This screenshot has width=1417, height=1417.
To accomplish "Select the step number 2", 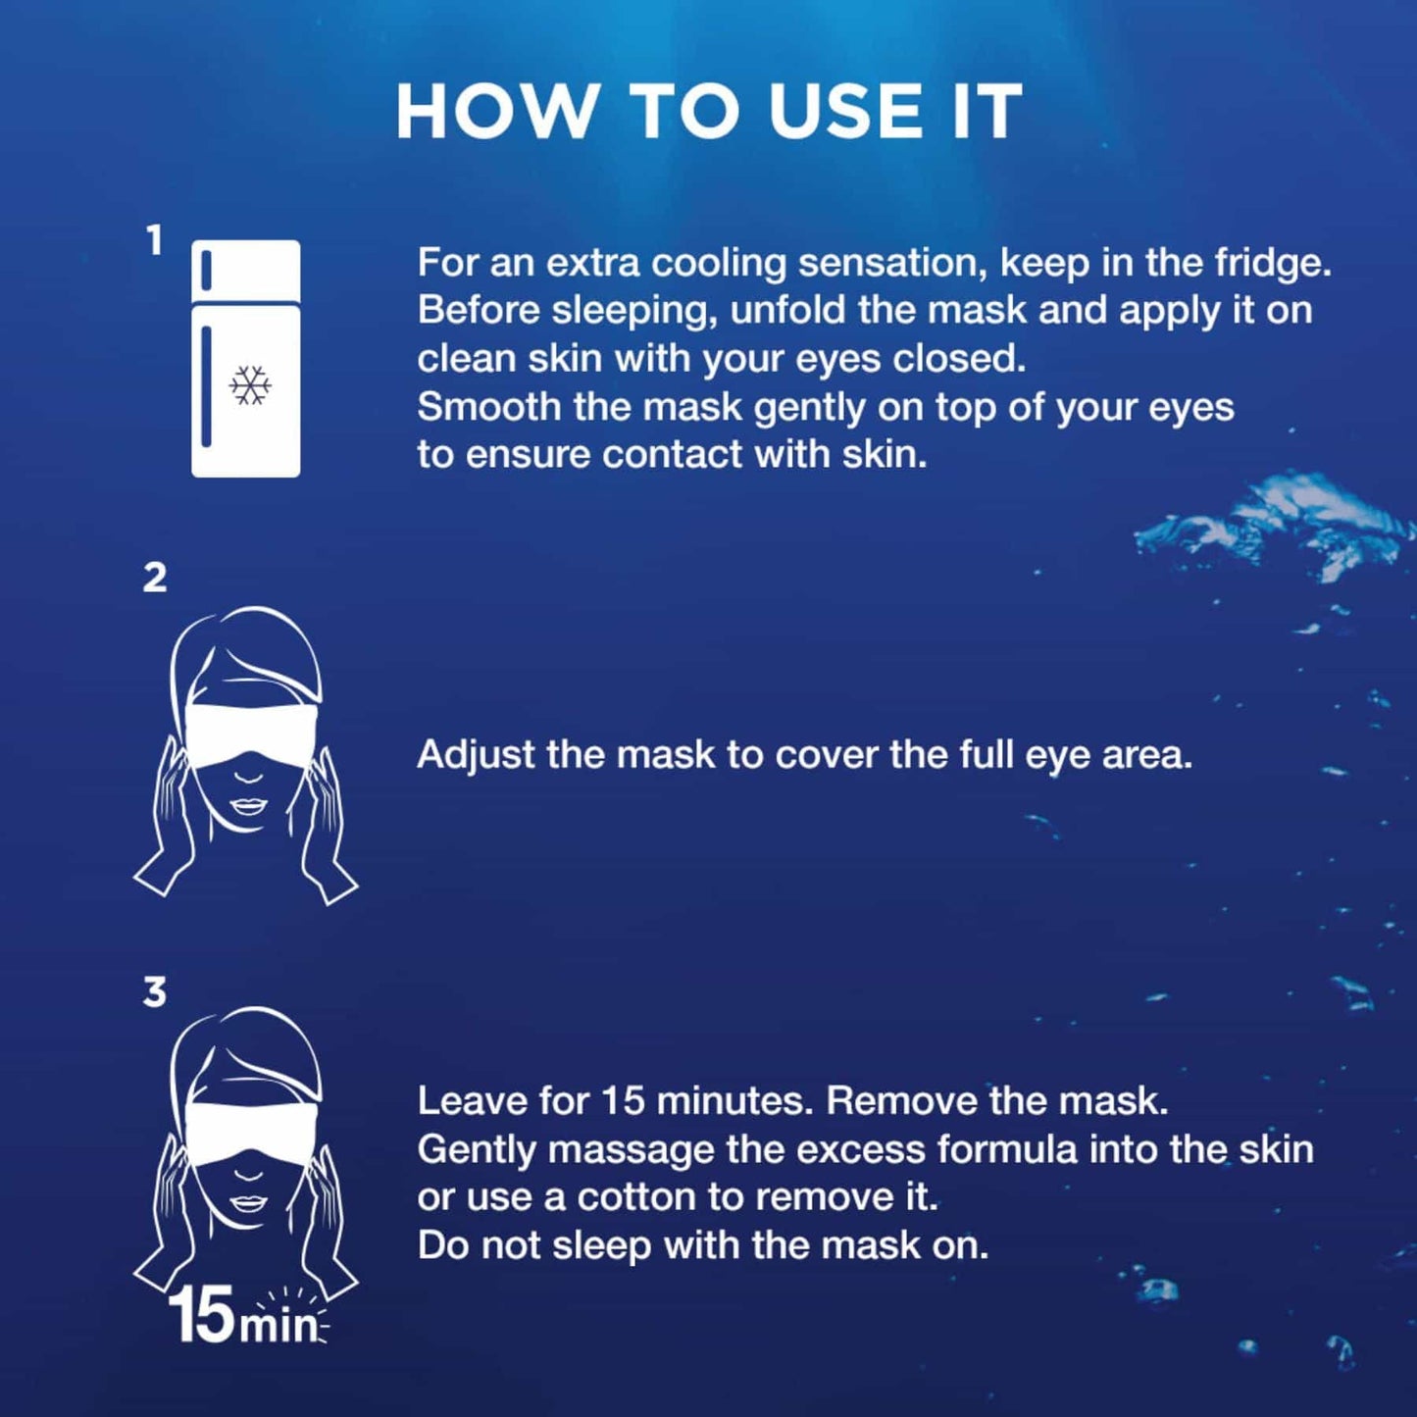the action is click(x=154, y=578).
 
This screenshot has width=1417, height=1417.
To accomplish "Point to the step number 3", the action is click(x=154, y=992).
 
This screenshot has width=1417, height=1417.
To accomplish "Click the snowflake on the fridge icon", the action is click(x=250, y=384).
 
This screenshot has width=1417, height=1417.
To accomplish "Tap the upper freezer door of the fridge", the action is click(x=245, y=270).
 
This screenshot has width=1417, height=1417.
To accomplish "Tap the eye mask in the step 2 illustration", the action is click(x=250, y=736).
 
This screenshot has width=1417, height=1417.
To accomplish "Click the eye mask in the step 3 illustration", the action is click(x=250, y=1137).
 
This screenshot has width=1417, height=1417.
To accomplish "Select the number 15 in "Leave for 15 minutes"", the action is click(x=624, y=1101).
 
